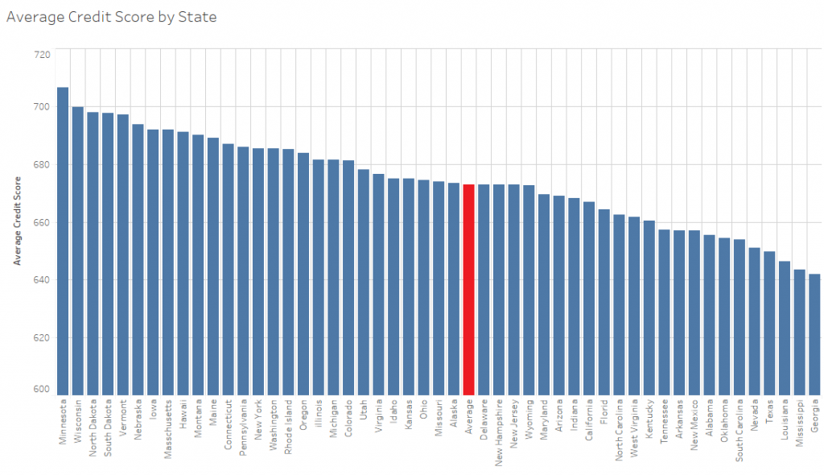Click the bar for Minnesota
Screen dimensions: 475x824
[x=63, y=242]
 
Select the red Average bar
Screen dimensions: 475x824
[x=469, y=290]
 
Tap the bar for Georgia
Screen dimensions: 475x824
[x=814, y=334]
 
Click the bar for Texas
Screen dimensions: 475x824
[x=769, y=322]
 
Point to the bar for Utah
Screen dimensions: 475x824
[x=364, y=282]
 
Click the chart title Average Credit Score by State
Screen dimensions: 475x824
[x=111, y=16]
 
